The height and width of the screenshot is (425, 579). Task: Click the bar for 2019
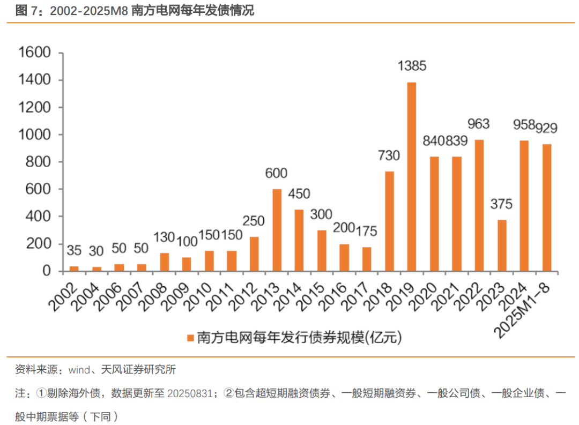pos(411,177)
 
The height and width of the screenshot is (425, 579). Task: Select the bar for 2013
pos(277,230)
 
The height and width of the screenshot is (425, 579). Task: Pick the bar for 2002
pos(75,269)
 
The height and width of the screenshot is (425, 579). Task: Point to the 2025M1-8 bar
pos(546,207)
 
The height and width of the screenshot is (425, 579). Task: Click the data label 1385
pos(411,66)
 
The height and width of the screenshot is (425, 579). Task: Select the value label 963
pos(478,124)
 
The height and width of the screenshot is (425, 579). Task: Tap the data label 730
pos(389,156)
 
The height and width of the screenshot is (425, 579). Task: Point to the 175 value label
pos(366,232)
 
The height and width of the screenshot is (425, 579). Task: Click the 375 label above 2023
pos(501,204)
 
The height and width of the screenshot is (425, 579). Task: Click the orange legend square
pos(190,338)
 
